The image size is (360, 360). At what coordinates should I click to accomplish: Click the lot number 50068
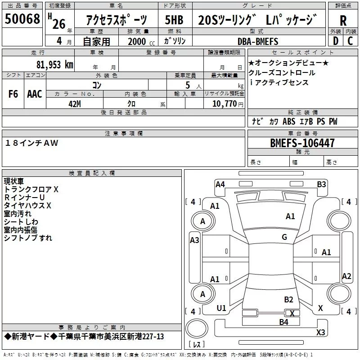22,19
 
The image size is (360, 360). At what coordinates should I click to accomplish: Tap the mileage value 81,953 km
54,65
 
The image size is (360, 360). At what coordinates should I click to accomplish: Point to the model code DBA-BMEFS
258,41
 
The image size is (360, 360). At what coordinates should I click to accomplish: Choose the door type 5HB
174,20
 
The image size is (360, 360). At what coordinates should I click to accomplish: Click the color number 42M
74,103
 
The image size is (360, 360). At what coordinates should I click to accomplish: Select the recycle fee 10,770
224,103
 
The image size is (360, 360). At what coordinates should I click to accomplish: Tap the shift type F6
13,94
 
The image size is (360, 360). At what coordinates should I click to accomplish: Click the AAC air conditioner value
35,94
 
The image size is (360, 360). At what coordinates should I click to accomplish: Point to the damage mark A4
220,184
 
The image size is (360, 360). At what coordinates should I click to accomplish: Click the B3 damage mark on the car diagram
321,184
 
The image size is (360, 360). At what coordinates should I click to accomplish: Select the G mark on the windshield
284,237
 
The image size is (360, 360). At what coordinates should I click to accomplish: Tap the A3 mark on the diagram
194,240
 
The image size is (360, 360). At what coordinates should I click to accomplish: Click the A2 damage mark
346,276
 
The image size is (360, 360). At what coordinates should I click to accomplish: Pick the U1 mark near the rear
221,308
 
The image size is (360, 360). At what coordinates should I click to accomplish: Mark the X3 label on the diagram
321,333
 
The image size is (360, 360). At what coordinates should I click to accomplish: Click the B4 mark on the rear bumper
283,322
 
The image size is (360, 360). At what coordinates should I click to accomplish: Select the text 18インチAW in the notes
32,143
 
